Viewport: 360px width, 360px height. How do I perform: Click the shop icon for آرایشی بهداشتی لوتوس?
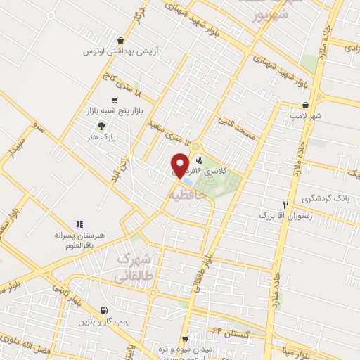[x=122, y=41]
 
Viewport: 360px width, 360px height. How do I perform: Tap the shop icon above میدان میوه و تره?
[x=185, y=339]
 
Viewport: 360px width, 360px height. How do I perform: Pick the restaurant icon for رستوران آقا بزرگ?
[x=285, y=204]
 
